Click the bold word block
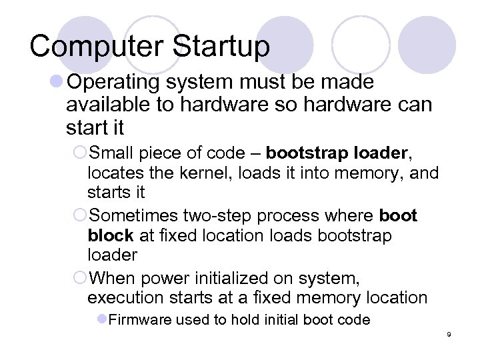(110, 236)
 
